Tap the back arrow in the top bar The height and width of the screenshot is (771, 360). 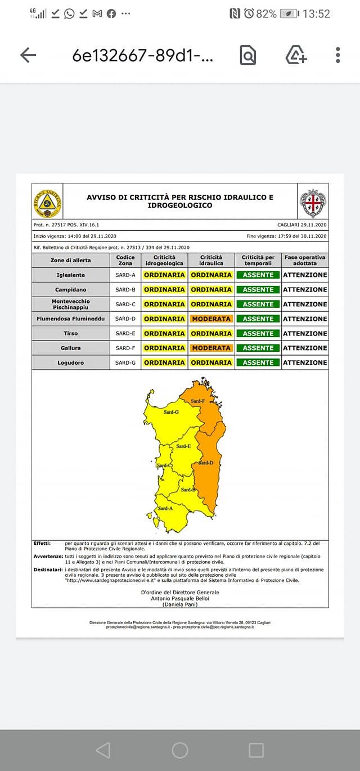28,55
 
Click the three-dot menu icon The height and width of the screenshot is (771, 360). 337,55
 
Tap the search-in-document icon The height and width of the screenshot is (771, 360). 247,55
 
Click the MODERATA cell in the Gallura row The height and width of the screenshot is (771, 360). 211,348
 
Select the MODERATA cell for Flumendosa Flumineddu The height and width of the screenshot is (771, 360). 211,319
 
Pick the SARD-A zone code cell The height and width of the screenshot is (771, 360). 125,275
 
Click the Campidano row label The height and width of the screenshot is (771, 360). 70,289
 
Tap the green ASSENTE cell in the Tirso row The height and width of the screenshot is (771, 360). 258,333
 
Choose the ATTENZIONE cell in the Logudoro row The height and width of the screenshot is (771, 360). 305,362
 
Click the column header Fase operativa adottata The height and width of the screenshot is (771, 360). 305,260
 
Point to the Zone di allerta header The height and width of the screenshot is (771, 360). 70,260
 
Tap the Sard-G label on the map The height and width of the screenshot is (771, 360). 171,413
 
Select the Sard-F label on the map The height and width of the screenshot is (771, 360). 197,401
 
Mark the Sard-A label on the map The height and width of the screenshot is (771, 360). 165,508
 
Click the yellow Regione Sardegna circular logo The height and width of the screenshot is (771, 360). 47,203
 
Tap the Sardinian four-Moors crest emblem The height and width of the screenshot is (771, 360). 313,203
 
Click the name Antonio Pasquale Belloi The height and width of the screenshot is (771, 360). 180,598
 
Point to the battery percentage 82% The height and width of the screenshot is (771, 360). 266,14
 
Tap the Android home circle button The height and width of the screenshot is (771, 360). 180,750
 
